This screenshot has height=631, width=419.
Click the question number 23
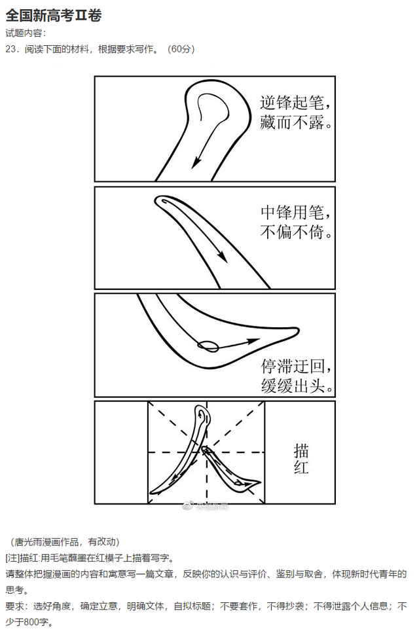(13, 49)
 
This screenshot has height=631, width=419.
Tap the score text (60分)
(181, 49)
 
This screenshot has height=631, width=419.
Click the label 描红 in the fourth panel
(301, 458)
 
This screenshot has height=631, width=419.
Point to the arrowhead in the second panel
(223, 258)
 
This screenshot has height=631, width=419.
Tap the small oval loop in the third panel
(209, 344)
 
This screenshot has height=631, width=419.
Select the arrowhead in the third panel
(251, 340)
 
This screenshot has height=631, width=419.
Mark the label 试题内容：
(26, 33)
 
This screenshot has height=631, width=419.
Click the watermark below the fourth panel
(208, 506)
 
